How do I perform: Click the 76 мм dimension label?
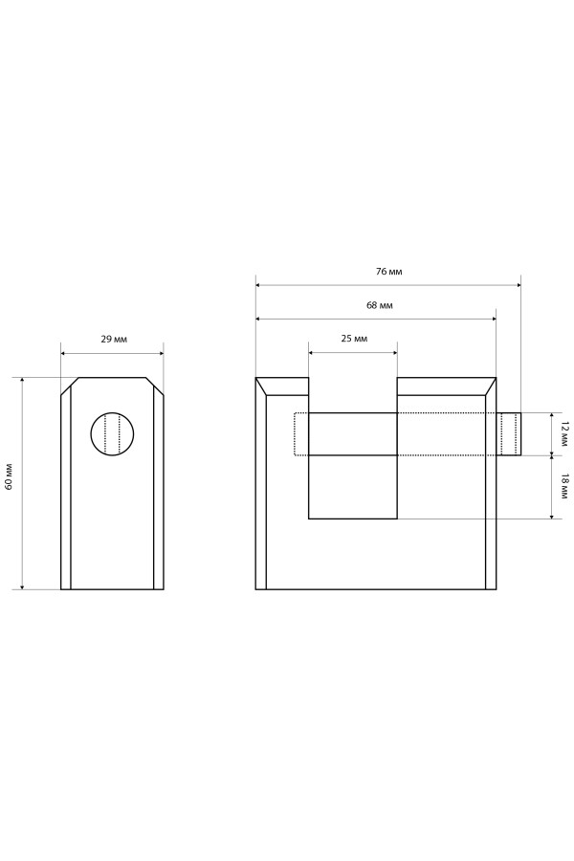click(x=388, y=272)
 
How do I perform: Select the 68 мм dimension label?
click(x=380, y=305)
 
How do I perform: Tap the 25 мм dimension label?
click(x=354, y=339)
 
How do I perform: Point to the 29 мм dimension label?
click(x=114, y=339)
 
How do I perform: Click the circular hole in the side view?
click(x=112, y=433)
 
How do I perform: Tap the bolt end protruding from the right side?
click(x=510, y=433)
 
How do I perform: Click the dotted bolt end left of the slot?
click(x=301, y=433)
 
